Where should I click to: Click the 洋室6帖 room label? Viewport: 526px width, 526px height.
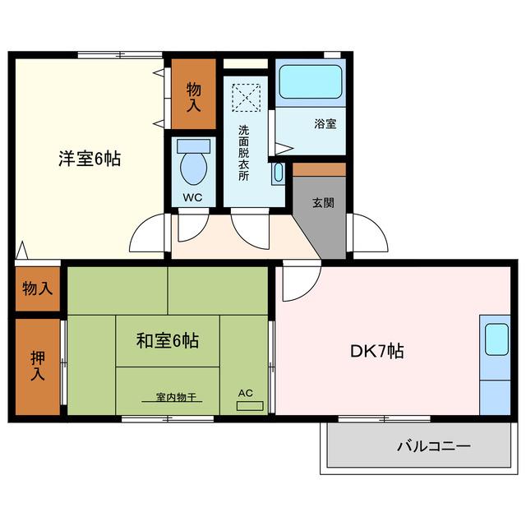[90, 159]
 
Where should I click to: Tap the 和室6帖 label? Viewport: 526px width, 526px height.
[168, 340]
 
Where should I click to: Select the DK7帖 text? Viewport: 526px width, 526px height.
[377, 351]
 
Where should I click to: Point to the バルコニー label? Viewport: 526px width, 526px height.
[434, 446]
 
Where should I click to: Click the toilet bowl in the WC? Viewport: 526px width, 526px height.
[194, 168]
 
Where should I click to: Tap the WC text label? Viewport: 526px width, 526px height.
[193, 197]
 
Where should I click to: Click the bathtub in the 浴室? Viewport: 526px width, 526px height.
[311, 81]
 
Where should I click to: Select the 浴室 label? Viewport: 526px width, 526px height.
[325, 124]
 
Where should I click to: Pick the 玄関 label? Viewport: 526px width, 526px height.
[323, 203]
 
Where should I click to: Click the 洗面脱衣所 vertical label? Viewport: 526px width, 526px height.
[244, 153]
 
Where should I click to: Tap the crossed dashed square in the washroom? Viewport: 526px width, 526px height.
[247, 98]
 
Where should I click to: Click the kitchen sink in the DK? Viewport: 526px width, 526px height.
[496, 339]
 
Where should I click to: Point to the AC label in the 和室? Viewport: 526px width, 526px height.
[246, 393]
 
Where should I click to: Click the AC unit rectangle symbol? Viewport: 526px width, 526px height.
[250, 406]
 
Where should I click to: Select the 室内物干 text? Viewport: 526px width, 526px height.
[176, 397]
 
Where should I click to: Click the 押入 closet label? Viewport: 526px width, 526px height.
[38, 366]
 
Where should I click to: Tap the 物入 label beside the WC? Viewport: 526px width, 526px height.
[194, 97]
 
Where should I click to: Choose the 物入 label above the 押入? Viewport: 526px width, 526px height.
[38, 288]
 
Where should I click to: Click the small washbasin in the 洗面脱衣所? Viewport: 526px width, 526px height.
[279, 173]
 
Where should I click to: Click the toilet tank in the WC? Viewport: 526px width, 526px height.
[194, 146]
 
